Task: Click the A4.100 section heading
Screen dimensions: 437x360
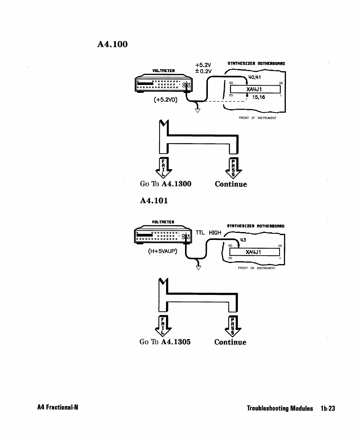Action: pyautogui.click(x=112, y=45)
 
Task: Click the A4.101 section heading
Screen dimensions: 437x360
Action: pyautogui.click(x=154, y=201)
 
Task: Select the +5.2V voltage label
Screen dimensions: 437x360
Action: pyautogui.click(x=203, y=65)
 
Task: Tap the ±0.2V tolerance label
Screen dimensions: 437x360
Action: pyautogui.click(x=203, y=71)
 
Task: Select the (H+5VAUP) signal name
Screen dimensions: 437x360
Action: pyautogui.click(x=162, y=251)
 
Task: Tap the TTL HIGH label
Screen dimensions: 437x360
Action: pyautogui.click(x=209, y=233)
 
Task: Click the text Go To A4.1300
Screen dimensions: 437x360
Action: pyautogui.click(x=166, y=184)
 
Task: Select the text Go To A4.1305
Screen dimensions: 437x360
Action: pyautogui.click(x=165, y=342)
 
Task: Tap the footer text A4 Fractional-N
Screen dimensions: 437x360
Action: pyautogui.click(x=57, y=408)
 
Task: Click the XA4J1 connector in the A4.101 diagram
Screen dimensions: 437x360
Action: pyautogui.click(x=254, y=253)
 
